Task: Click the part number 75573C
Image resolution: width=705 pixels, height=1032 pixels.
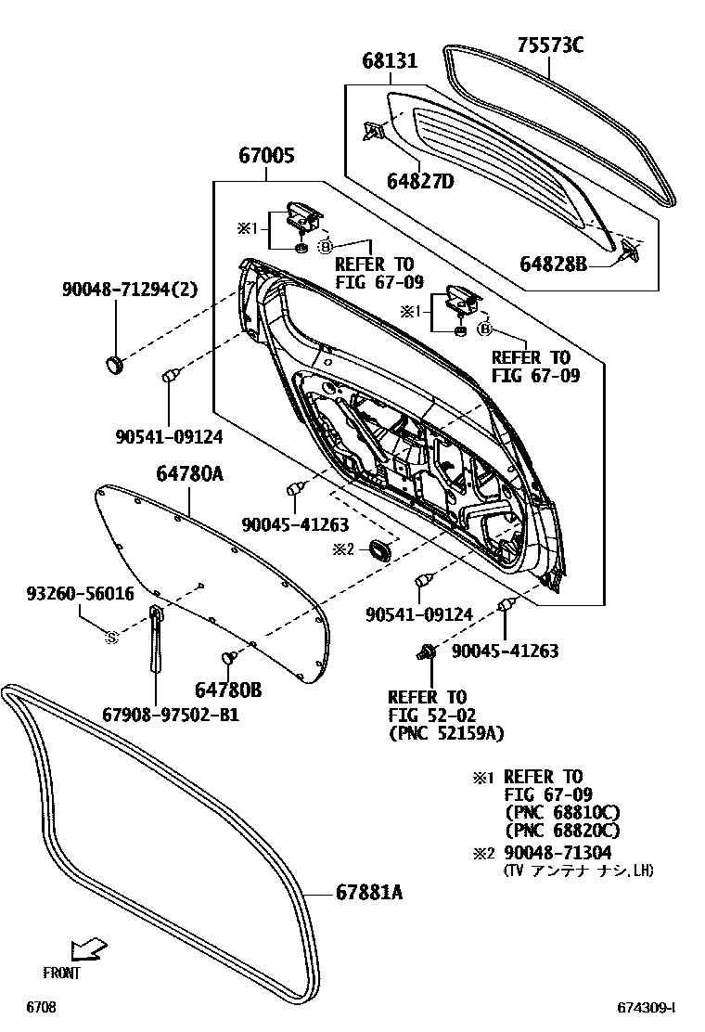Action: tap(550, 44)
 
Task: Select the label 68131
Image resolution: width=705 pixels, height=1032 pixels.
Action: tap(390, 61)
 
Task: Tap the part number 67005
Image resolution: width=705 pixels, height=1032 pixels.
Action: tap(267, 156)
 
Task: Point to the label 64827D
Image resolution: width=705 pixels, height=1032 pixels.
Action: tap(420, 181)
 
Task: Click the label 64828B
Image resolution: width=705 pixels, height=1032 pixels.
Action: tap(555, 264)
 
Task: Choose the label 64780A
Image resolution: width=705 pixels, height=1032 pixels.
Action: tap(189, 474)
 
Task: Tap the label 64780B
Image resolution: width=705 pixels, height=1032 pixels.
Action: tap(228, 689)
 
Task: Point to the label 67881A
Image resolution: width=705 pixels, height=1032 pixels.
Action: tap(369, 893)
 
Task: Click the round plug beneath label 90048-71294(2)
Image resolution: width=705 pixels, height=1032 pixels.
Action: tap(115, 364)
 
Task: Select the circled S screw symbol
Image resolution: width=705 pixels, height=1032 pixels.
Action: tap(111, 637)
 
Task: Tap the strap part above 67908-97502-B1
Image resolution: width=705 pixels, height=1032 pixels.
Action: tap(156, 640)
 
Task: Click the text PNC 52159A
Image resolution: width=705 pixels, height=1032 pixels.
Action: tap(445, 733)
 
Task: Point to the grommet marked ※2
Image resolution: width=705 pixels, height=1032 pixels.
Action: tap(380, 550)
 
